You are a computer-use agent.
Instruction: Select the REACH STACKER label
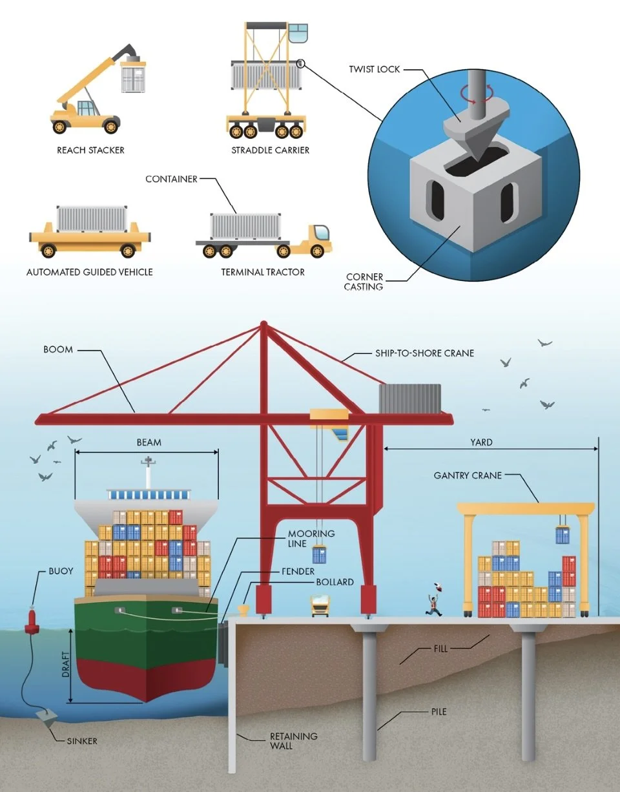(90, 150)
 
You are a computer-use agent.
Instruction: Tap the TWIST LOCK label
(375, 68)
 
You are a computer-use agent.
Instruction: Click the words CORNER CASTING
(364, 282)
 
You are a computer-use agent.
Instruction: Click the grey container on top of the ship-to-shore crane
(409, 399)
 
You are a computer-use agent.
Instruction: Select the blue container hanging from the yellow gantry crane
(563, 535)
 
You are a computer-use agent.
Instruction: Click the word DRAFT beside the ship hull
(65, 665)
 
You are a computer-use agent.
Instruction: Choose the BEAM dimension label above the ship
(149, 443)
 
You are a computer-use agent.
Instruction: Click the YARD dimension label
(481, 443)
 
